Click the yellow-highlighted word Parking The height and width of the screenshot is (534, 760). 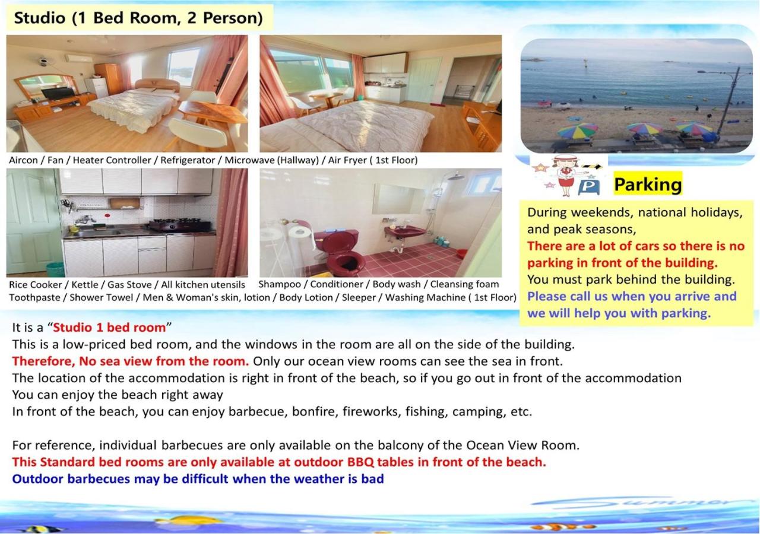(x=647, y=185)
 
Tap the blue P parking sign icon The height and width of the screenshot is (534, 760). (x=588, y=187)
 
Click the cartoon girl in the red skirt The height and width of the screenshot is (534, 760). (x=565, y=175)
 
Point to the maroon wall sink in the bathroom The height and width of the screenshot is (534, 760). (x=404, y=232)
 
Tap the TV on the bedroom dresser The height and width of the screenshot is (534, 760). (x=58, y=93)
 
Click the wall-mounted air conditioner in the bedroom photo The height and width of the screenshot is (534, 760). (x=79, y=59)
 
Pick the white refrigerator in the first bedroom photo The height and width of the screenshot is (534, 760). (x=97, y=87)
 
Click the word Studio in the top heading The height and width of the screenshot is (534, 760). (x=39, y=18)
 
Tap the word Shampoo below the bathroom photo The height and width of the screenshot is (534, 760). (x=280, y=284)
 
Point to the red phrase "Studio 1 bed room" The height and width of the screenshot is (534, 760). (x=109, y=328)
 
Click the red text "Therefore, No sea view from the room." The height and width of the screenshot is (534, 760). (x=131, y=361)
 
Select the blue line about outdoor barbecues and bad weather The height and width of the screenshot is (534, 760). (x=198, y=479)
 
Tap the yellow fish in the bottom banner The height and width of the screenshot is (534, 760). (x=190, y=520)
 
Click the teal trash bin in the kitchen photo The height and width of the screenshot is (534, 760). (x=55, y=270)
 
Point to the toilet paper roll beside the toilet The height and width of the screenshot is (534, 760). (x=300, y=234)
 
